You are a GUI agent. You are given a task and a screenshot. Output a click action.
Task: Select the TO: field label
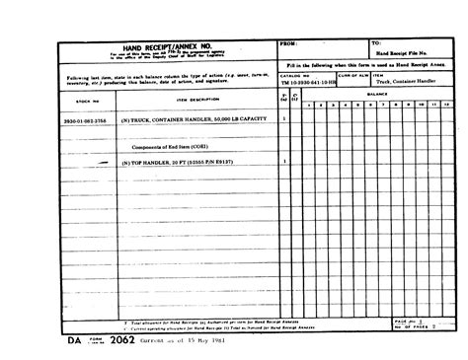(375, 44)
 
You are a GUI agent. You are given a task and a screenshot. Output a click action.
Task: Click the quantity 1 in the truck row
(284, 118)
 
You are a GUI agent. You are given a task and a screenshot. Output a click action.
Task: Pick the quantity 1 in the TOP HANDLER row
(284, 160)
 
